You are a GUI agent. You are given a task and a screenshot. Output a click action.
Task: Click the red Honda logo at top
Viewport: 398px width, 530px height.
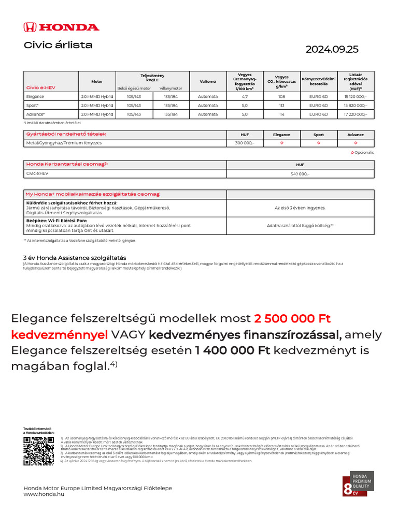61,27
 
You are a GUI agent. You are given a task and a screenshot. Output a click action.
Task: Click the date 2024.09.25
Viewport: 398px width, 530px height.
332,50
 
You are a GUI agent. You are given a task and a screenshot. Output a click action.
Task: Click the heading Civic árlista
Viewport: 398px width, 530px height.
58,45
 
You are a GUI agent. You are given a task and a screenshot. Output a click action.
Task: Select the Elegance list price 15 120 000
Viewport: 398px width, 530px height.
356,97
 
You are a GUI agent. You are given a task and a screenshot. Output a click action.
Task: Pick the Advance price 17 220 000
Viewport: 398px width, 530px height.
356,114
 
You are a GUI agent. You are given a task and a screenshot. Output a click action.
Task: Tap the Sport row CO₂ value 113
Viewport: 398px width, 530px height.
282,106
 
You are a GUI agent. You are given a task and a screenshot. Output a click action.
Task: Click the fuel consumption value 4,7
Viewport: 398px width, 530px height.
245,97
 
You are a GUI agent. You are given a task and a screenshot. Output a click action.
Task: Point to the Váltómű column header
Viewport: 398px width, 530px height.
208,81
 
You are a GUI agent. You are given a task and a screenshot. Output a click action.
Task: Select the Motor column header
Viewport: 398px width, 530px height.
97,81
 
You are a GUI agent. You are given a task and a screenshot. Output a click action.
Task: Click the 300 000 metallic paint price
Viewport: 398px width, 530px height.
245,143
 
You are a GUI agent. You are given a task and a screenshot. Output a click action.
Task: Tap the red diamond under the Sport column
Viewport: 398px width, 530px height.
319,143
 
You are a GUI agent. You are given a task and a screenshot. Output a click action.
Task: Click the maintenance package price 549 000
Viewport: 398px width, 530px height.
300,174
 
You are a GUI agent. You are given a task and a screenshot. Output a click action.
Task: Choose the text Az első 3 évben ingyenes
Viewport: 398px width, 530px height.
300,208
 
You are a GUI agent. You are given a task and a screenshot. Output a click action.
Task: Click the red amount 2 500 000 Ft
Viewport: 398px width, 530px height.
292,318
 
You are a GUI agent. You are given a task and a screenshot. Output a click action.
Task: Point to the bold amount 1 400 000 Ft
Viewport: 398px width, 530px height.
233,350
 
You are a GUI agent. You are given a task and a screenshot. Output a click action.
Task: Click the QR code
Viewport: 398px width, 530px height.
38,451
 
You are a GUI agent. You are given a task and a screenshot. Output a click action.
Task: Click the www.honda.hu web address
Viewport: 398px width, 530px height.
44,495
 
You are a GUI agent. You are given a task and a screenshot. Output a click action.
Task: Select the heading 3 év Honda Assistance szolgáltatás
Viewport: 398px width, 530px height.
74,258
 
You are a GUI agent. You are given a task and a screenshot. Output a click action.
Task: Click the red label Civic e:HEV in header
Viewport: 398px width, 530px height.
40,88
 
